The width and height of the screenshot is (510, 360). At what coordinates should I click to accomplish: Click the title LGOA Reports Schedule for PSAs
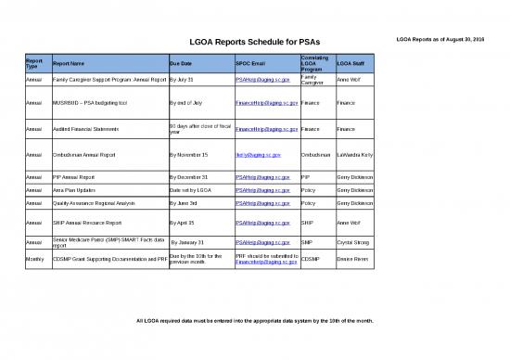point(255,42)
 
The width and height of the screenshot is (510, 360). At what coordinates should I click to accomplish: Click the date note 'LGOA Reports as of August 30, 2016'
point(446,37)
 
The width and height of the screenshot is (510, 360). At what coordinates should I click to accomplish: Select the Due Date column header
point(182,63)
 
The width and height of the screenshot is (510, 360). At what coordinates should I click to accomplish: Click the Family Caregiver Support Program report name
point(108,81)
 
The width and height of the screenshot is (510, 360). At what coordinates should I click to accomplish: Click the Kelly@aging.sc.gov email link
point(258,154)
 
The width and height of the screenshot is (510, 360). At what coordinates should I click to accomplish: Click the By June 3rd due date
point(189,201)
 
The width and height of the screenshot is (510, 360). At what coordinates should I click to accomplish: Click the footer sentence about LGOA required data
point(255,321)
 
